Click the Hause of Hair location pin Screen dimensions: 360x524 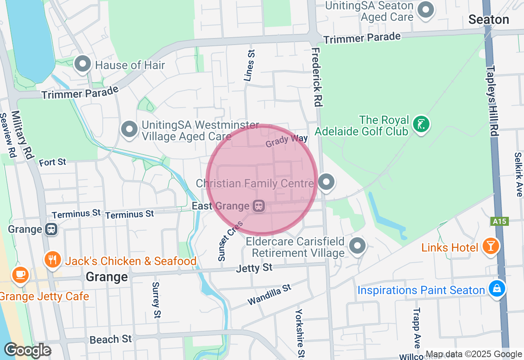(83, 64)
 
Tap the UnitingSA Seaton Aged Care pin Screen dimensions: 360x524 (426, 9)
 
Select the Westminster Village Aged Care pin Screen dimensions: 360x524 (130, 129)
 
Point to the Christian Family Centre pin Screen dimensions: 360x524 (326, 182)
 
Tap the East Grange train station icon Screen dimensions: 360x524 (258, 206)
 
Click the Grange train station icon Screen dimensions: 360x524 (51, 229)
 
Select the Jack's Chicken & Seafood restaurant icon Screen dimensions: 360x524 (53, 260)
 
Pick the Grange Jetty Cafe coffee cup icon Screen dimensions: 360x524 (20, 274)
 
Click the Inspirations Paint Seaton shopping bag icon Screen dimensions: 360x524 (497, 288)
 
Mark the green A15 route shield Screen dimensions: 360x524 (499, 221)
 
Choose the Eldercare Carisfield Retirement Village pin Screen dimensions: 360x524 (357, 246)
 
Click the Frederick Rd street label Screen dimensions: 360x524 (316, 77)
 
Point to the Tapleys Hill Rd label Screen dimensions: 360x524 (493, 100)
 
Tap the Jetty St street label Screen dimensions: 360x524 (254, 268)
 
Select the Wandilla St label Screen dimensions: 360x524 (269, 295)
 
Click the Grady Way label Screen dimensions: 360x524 (287, 141)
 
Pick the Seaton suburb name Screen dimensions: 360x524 (488, 20)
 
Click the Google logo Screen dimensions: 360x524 (27, 350)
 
